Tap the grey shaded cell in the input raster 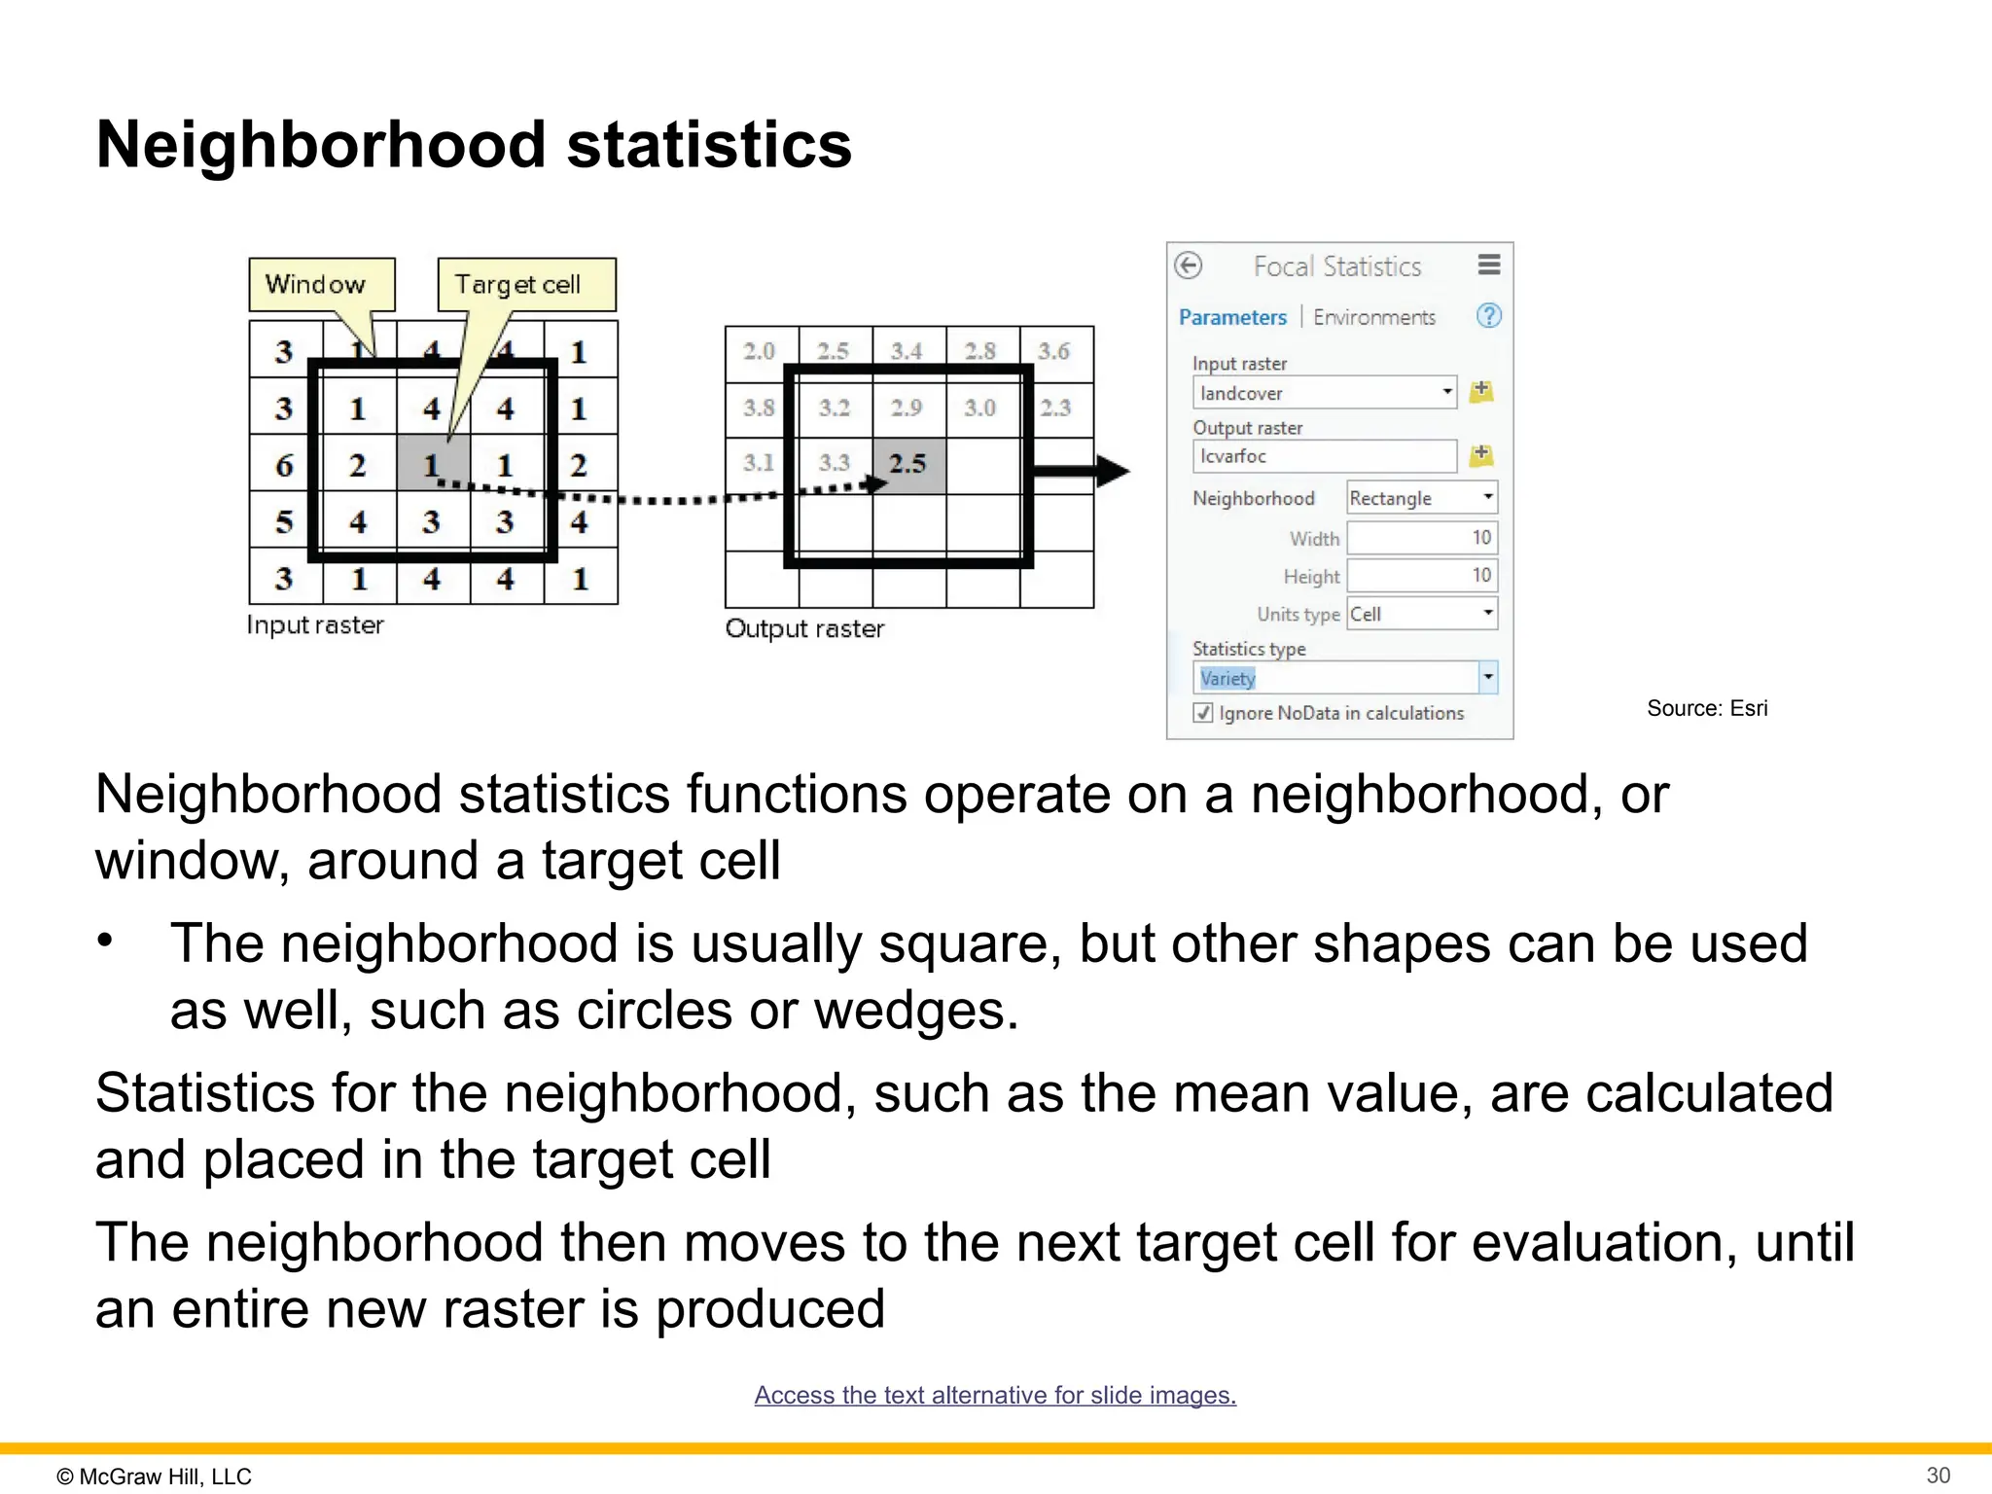pyautogui.click(x=433, y=464)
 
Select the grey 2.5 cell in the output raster pyautogui.click(x=908, y=464)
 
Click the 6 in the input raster pyautogui.click(x=283, y=465)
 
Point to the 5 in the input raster pyautogui.click(x=283, y=521)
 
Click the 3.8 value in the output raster pyautogui.click(x=760, y=408)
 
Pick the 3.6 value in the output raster pyautogui.click(x=1054, y=351)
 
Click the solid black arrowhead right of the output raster pyautogui.click(x=1111, y=472)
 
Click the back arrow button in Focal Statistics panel pyautogui.click(x=1188, y=266)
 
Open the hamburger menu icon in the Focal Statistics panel pyautogui.click(x=1488, y=265)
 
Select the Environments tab pyautogui.click(x=1373, y=317)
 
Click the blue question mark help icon pyautogui.click(x=1488, y=316)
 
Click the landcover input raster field pyautogui.click(x=1323, y=393)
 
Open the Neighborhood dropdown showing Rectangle pyautogui.click(x=1421, y=498)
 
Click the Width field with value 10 pyautogui.click(x=1421, y=538)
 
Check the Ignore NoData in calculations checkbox pyautogui.click(x=1203, y=713)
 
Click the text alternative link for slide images pyautogui.click(x=995, y=1395)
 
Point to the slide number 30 pyautogui.click(x=1938, y=1476)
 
